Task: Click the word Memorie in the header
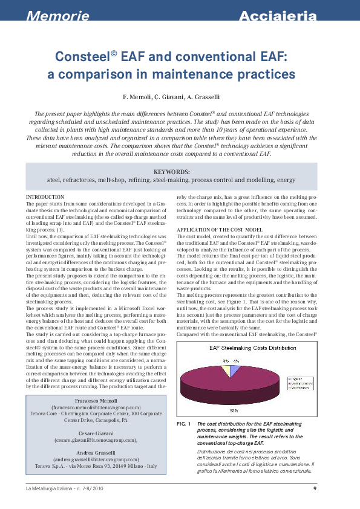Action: [57, 16]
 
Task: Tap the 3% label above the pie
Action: [225, 360]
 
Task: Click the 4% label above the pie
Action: [235, 360]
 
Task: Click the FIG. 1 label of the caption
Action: [184, 424]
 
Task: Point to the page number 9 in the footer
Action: [315, 488]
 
